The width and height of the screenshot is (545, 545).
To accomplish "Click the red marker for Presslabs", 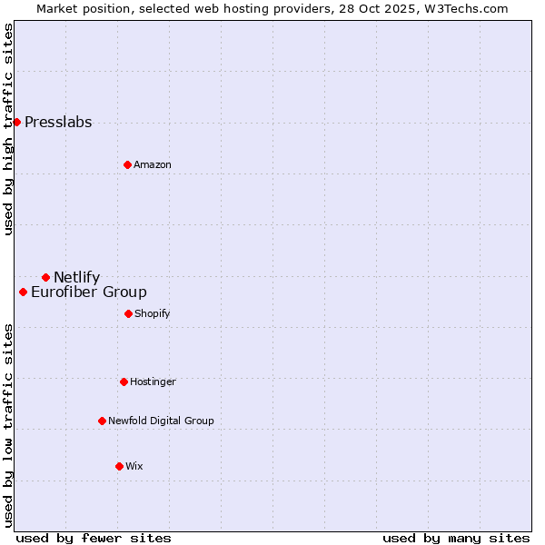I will coord(16,122).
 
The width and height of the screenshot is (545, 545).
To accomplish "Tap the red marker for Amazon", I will coord(127,164).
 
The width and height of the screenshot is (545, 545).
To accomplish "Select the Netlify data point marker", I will coord(45,277).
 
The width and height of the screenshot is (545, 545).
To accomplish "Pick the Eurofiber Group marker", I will coord(23,292).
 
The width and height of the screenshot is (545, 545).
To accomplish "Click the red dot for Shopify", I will coord(128,313).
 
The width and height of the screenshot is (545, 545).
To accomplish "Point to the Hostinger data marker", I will coord(124,381).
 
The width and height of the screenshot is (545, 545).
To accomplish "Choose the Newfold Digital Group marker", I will coord(102,421).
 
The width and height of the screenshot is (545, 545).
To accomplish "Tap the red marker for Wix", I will coord(119,466).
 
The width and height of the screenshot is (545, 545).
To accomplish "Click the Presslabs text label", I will coord(58,123).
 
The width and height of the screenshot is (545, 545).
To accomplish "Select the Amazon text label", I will coord(153,165).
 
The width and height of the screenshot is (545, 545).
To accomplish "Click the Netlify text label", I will coord(76,278).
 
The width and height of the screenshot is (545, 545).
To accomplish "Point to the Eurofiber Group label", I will coord(89,292).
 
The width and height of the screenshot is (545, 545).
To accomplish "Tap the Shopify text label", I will coord(153,314).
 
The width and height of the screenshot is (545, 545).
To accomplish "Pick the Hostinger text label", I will coord(153,382).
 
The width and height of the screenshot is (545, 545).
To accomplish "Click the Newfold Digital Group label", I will coord(161,421).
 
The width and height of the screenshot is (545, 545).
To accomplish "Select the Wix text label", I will coord(134,467).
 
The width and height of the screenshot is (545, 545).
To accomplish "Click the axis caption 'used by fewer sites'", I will coord(94,538).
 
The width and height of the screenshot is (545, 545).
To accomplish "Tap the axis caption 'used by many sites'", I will coord(456,538).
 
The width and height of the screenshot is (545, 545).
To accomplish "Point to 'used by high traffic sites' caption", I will coord(8,129).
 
